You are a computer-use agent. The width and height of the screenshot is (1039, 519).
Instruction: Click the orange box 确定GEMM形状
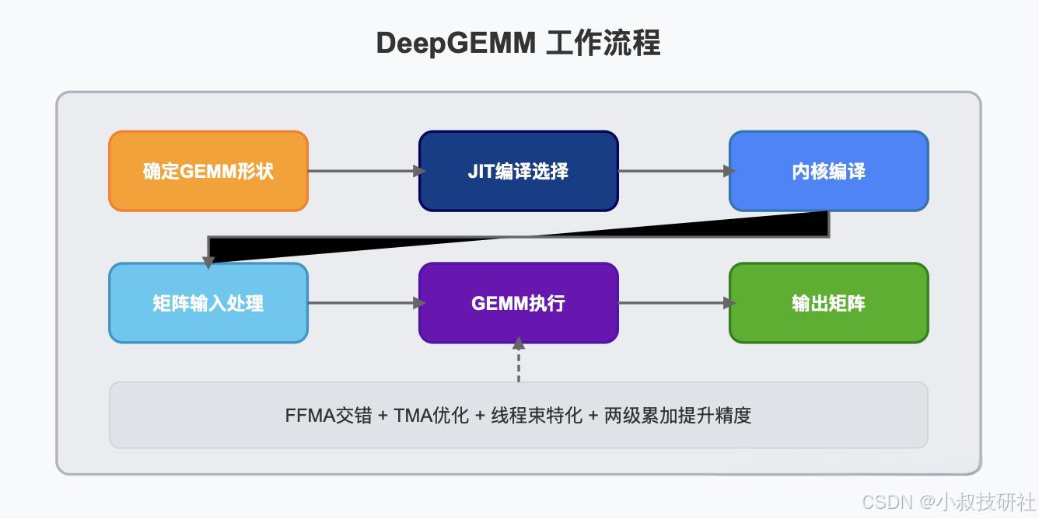click(208, 171)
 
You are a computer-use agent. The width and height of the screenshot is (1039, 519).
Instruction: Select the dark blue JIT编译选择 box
click(518, 171)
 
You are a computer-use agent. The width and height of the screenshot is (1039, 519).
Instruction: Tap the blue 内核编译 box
click(828, 171)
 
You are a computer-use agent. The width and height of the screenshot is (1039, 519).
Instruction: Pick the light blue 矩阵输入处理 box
click(208, 303)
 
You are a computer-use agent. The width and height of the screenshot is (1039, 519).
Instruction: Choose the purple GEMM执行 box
click(518, 303)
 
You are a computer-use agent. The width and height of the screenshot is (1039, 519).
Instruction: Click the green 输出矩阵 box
click(828, 303)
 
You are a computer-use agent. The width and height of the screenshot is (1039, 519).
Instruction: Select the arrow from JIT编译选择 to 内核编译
click(673, 171)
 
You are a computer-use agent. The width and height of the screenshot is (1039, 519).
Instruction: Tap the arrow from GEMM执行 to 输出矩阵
click(673, 303)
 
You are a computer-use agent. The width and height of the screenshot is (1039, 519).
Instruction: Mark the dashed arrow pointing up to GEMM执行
click(518, 361)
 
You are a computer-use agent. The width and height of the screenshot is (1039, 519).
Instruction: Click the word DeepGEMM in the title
click(456, 43)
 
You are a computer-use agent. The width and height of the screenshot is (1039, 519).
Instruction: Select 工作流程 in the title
click(603, 43)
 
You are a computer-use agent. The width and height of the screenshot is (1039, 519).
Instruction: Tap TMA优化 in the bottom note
click(432, 415)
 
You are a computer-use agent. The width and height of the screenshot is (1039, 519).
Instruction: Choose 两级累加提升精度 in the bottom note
click(677, 415)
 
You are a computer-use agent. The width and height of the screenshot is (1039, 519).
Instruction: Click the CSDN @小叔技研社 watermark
click(949, 501)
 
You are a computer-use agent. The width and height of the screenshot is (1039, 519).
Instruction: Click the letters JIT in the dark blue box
click(481, 171)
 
